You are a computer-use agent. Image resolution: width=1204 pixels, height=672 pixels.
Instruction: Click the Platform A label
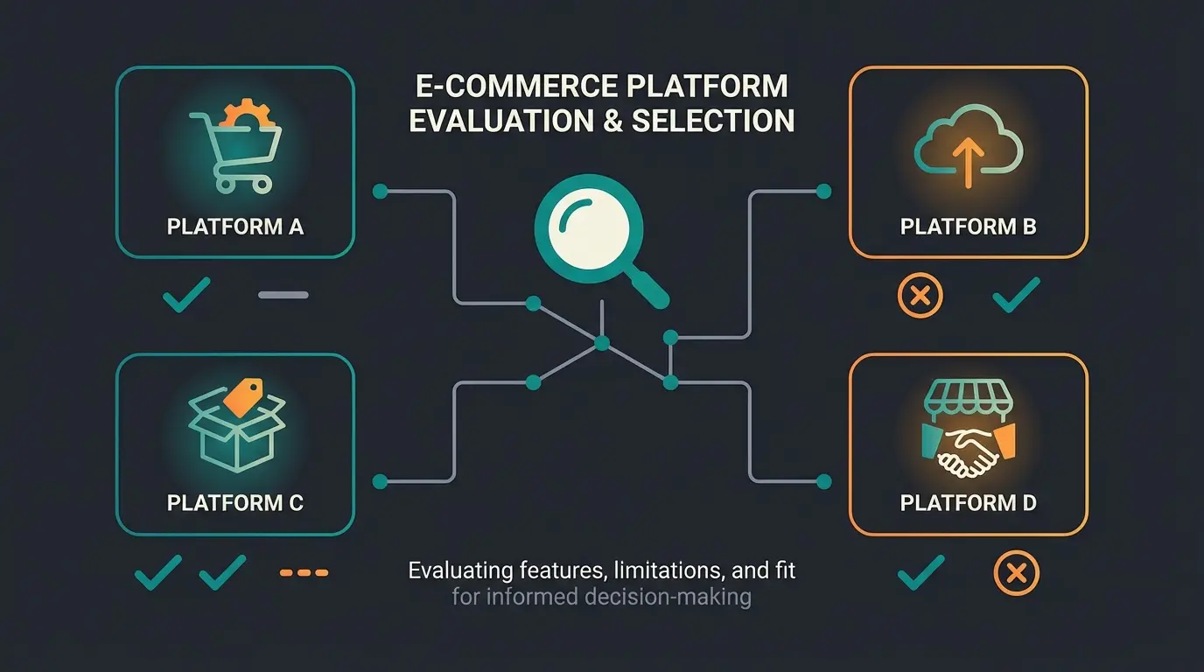coord(234,227)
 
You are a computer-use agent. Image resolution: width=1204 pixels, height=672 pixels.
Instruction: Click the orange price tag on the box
coord(243,396)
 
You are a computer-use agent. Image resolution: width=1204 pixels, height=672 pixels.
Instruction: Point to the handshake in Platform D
coord(968,453)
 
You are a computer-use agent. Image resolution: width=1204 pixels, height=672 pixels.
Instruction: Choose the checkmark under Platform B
coord(1016,296)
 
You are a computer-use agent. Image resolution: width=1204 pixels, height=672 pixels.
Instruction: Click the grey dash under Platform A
coord(283,295)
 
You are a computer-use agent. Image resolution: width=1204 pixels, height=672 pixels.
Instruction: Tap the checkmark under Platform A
coord(186,295)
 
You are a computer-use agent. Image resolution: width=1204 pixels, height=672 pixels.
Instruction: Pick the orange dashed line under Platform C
coord(304,572)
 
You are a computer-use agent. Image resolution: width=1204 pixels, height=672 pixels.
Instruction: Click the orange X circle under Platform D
coord(1016,574)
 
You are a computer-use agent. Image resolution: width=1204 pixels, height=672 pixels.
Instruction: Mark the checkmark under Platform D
coord(920,572)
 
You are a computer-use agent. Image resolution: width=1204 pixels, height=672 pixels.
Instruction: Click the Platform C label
coord(234,503)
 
